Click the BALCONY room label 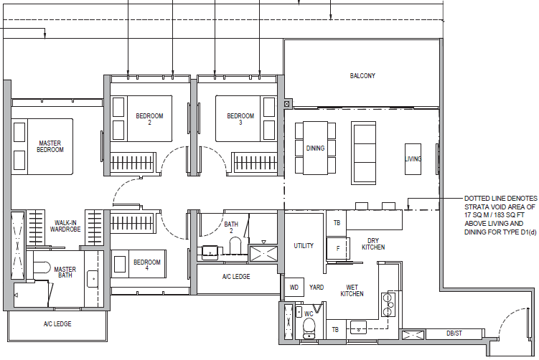[x=362, y=75]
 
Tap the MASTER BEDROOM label [x=50, y=146]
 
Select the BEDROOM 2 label [x=149, y=119]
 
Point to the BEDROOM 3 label [x=240, y=119]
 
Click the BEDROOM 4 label [x=147, y=265]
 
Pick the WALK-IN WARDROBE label [x=65, y=226]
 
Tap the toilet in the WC [x=309, y=328]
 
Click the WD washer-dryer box [x=294, y=287]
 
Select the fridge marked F [x=337, y=248]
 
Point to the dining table [x=315, y=148]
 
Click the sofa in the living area [x=363, y=153]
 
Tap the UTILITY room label [x=304, y=245]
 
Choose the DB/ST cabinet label [x=454, y=333]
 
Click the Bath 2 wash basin [x=210, y=252]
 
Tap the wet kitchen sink [x=358, y=328]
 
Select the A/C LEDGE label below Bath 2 [x=236, y=277]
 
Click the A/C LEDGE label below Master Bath [x=57, y=324]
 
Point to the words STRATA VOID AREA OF [x=500, y=207]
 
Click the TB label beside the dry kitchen [x=337, y=223]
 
